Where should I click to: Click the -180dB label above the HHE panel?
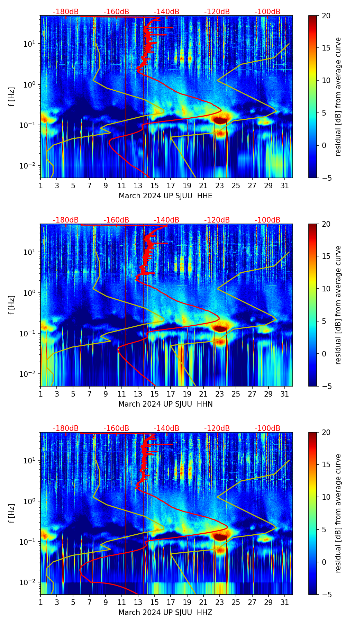(66, 12)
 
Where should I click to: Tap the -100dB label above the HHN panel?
(267, 220)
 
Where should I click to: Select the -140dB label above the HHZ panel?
(166, 428)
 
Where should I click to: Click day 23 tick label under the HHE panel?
(219, 186)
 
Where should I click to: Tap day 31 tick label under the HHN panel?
(285, 394)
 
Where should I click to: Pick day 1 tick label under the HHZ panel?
(40, 603)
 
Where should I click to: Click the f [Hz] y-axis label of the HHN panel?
(12, 305)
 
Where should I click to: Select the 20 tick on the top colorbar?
(326, 16)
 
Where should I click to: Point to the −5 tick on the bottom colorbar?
(326, 595)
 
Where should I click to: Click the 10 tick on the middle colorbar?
(326, 289)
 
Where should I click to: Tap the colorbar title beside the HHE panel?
(338, 97)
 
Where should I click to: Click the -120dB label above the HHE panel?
(217, 12)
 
